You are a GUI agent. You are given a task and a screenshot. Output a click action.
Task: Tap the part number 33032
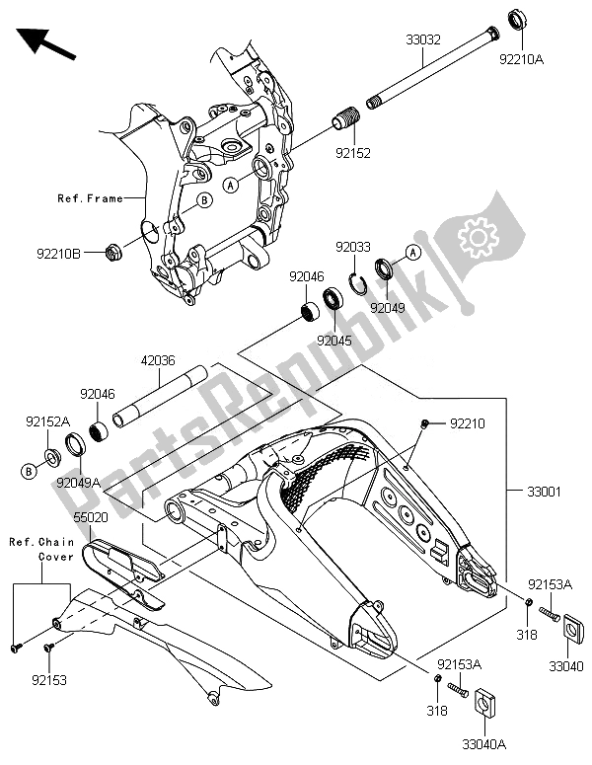424,41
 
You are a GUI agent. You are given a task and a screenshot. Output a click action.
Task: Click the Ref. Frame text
89,198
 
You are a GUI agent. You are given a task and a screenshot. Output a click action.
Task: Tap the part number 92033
353,247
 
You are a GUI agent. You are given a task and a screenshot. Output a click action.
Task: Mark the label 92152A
47,421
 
